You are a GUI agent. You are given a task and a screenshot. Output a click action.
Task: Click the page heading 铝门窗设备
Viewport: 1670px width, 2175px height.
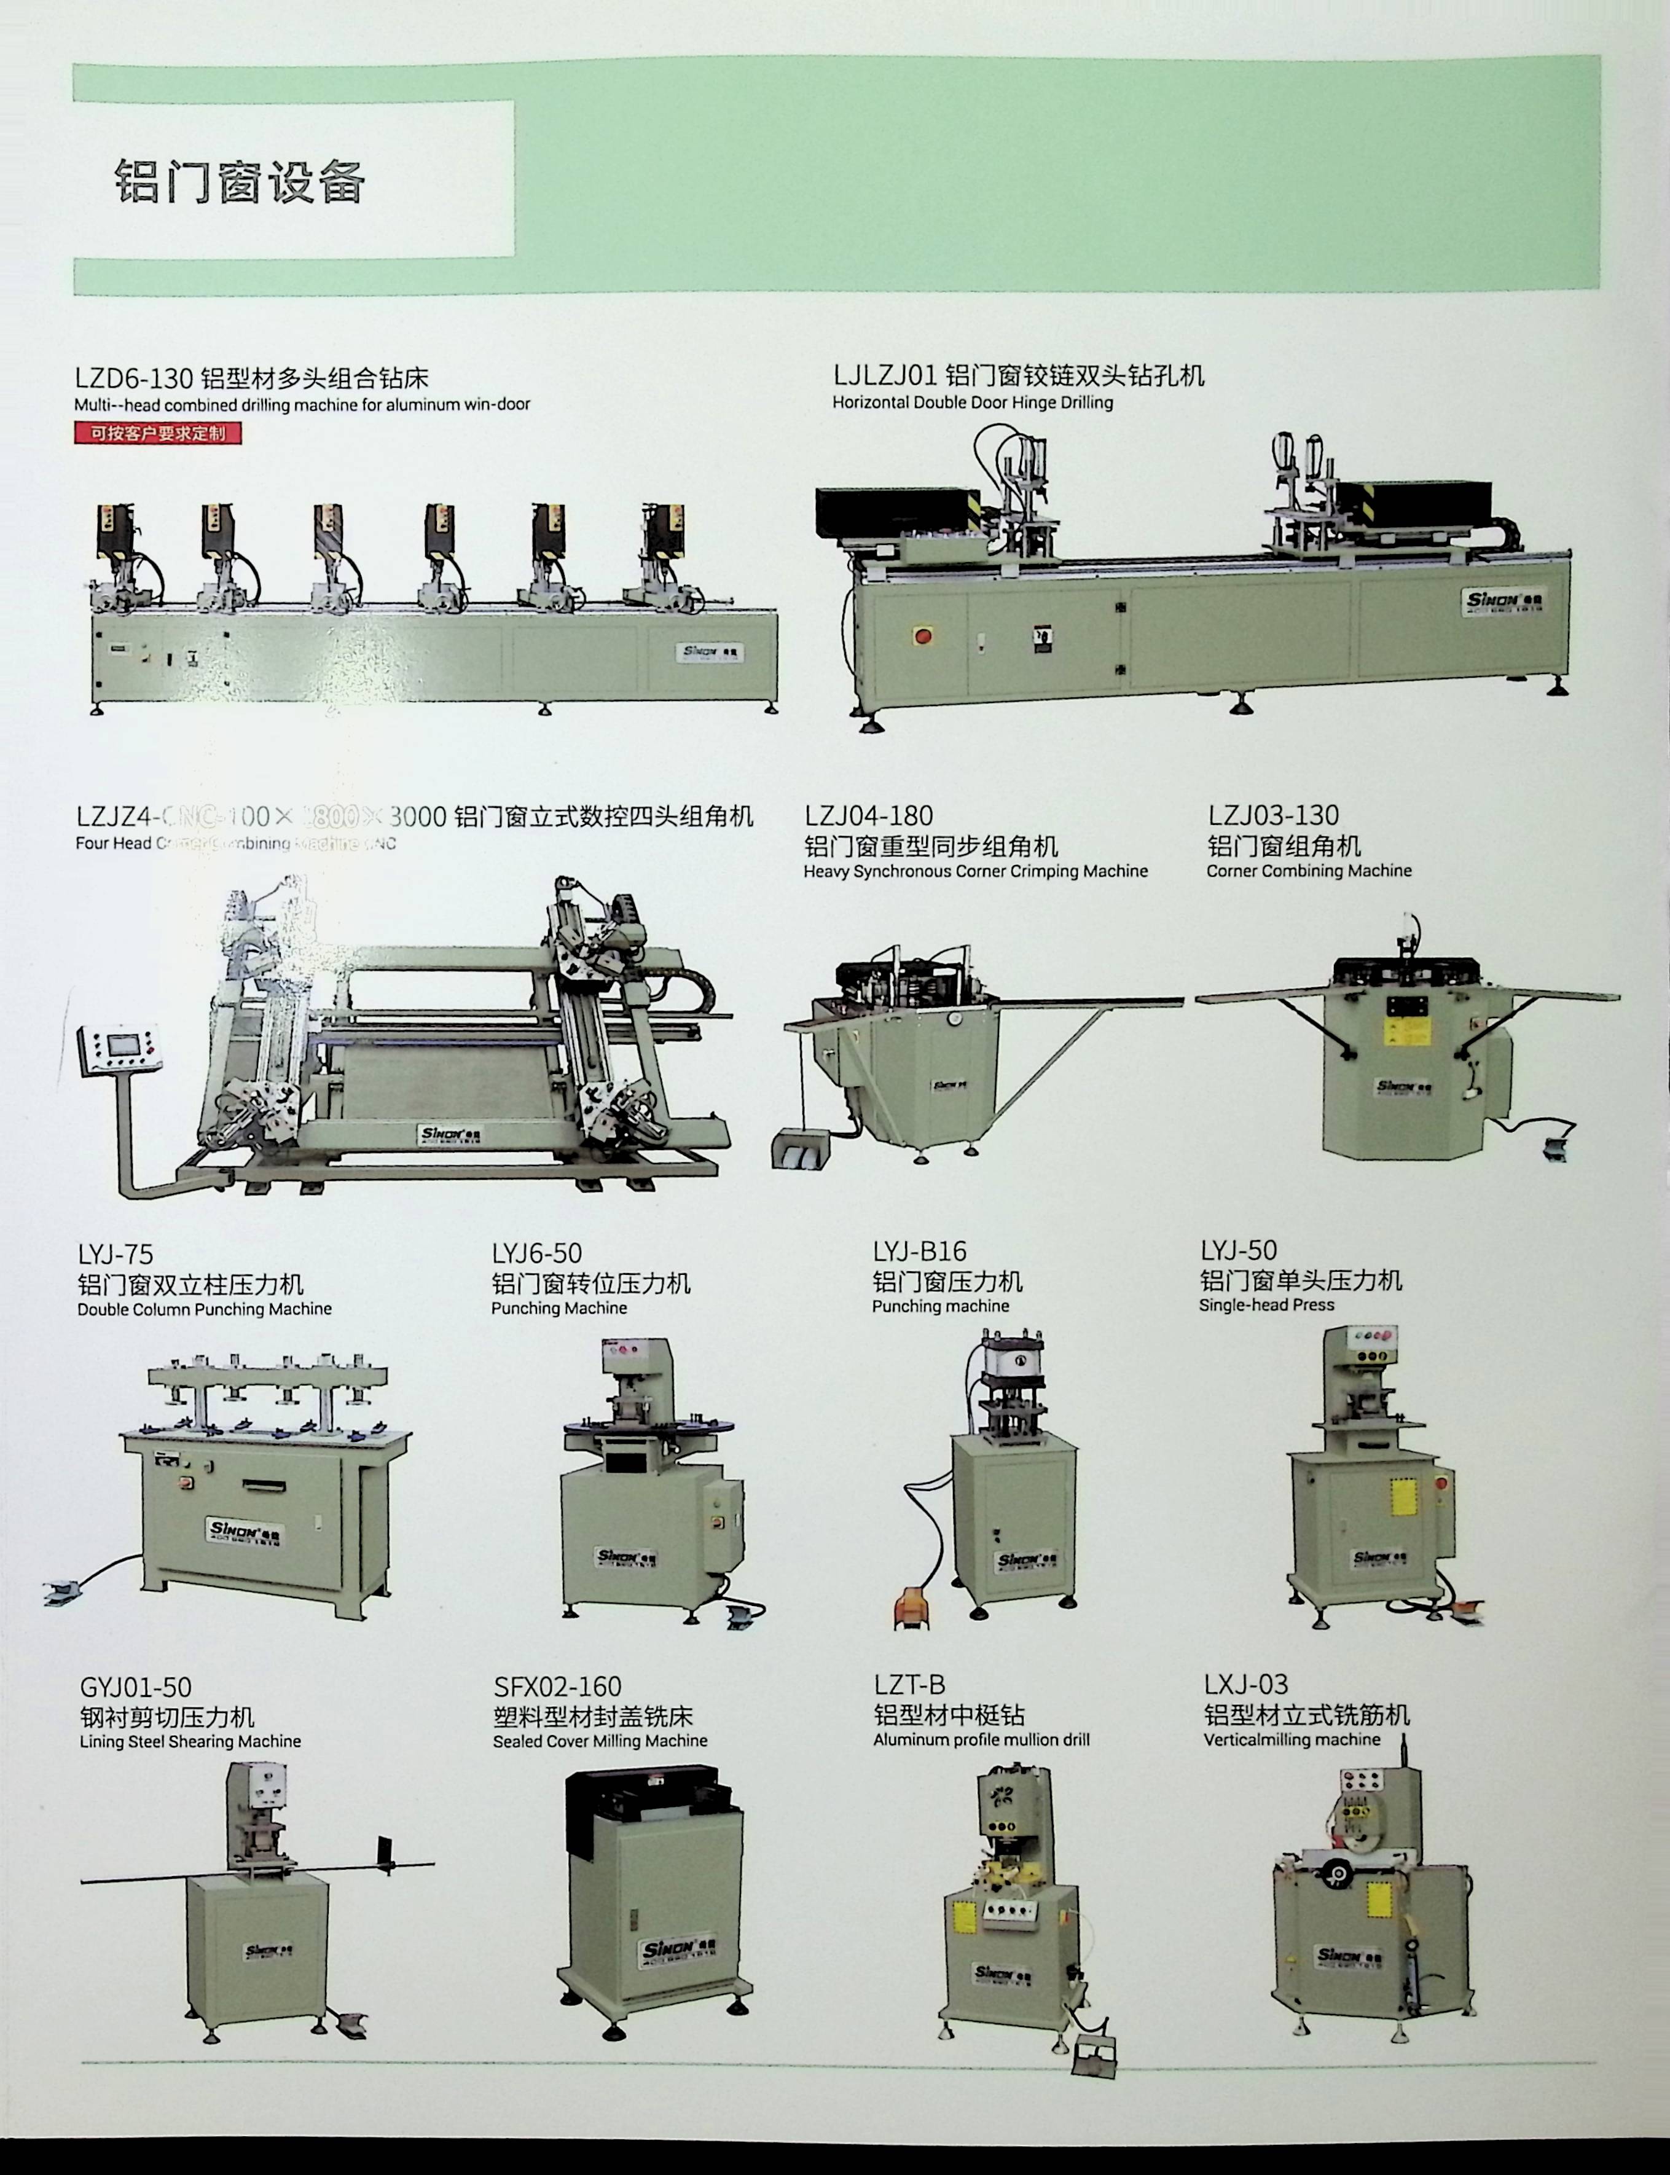tap(241, 181)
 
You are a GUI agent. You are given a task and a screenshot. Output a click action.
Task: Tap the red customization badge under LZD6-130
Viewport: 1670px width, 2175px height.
tap(157, 433)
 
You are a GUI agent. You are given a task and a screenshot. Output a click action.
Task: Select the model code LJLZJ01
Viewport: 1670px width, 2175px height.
tap(885, 376)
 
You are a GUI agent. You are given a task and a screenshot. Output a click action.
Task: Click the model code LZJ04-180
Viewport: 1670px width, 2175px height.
tap(869, 816)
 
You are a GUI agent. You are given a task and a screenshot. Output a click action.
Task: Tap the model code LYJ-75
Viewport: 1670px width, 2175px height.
tap(116, 1255)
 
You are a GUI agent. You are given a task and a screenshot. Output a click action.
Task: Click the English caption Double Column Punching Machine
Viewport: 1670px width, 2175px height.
tap(205, 1309)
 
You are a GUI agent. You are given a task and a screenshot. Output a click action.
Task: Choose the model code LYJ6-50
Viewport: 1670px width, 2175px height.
tap(537, 1253)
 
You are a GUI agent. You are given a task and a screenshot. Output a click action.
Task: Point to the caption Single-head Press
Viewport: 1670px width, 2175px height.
tap(1266, 1304)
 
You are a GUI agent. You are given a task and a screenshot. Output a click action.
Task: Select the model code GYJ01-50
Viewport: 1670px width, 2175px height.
tap(135, 1687)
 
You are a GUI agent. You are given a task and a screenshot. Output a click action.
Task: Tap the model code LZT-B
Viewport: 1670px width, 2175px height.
tap(909, 1685)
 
